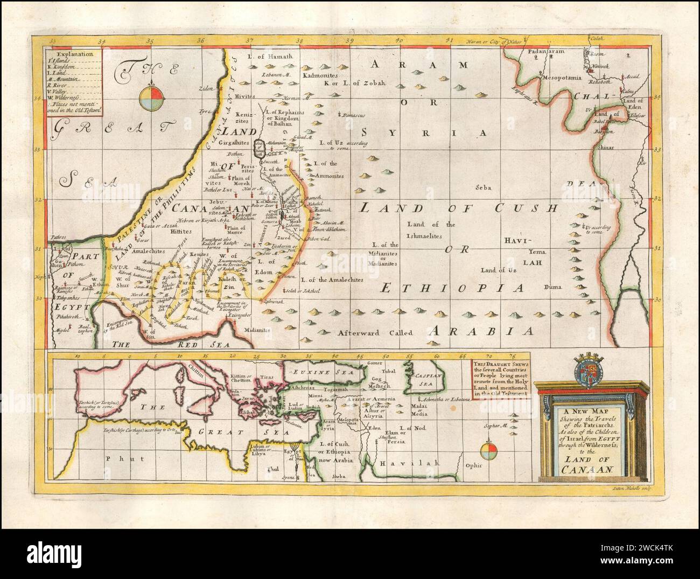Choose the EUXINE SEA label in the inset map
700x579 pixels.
pyautogui.click(x=321, y=372)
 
